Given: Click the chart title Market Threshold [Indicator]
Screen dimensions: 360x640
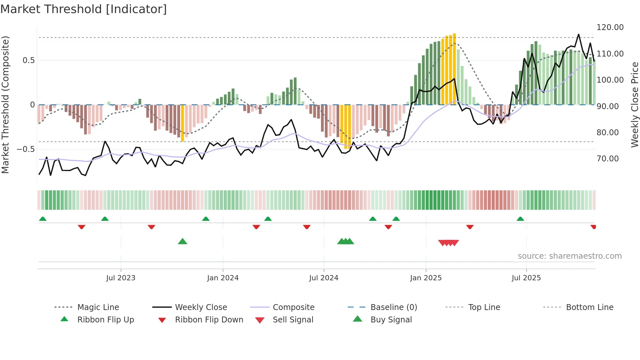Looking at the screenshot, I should pyautogui.click(x=84, y=9).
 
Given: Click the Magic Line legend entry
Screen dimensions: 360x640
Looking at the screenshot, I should pyautogui.click(x=98, y=307).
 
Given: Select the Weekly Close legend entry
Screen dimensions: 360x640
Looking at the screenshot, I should pyautogui.click(x=201, y=307).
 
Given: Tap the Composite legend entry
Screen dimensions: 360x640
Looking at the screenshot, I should pyautogui.click(x=293, y=307).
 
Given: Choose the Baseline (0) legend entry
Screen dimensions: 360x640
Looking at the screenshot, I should pyautogui.click(x=393, y=307).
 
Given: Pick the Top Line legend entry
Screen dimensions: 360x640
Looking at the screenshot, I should pyautogui.click(x=484, y=307).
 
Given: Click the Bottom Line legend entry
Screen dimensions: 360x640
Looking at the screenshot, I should pyautogui.click(x=589, y=307).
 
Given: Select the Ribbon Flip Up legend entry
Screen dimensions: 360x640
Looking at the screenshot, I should pyautogui.click(x=105, y=320).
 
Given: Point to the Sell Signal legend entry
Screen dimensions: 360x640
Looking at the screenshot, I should pyautogui.click(x=293, y=320).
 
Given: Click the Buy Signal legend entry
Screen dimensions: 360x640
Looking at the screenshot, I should pyautogui.click(x=391, y=320).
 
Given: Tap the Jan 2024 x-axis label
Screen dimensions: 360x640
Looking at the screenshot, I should pyautogui.click(x=223, y=278).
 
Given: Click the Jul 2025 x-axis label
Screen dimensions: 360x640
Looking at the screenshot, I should pyautogui.click(x=526, y=278).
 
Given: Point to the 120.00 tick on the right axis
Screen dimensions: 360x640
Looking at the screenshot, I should pyautogui.click(x=610, y=27).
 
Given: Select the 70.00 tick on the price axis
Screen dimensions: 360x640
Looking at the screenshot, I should pyautogui.click(x=607, y=159).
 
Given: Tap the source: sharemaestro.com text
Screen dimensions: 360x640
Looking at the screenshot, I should pyautogui.click(x=569, y=256).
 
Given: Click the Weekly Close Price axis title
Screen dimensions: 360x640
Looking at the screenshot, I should pyautogui.click(x=634, y=105).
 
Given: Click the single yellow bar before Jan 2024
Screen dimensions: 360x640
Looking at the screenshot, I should pyautogui.click(x=183, y=123).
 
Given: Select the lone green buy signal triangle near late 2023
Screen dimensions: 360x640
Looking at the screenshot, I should pyautogui.click(x=183, y=241).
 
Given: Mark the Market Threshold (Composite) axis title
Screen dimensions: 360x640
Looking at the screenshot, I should pyautogui.click(x=5, y=105).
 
